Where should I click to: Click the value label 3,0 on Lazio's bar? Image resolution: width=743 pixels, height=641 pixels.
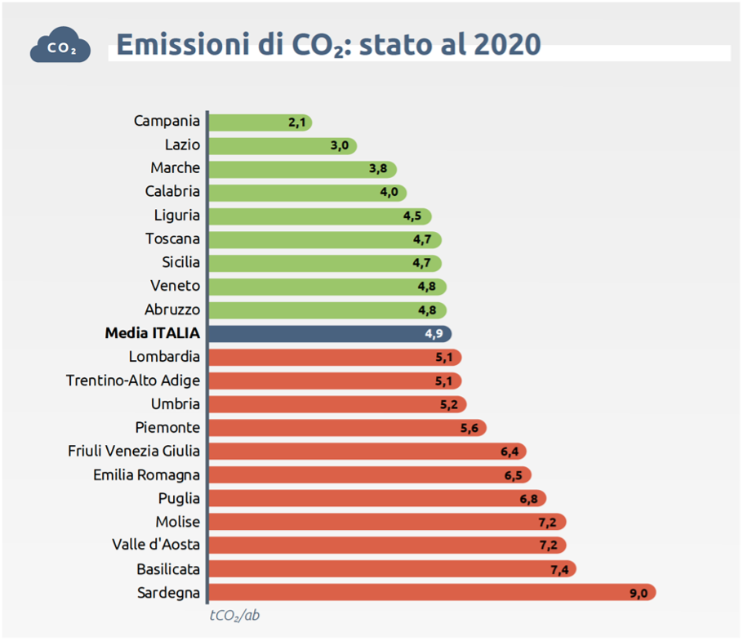tap(340, 146)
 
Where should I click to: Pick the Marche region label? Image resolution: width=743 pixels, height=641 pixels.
tap(175, 168)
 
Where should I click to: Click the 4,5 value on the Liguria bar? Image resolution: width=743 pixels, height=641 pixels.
tap(412, 216)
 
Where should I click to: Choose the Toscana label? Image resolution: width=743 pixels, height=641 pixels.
tap(172, 239)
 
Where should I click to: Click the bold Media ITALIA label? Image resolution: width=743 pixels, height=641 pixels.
tap(152, 333)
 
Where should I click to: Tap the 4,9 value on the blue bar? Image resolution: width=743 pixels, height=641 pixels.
tap(434, 334)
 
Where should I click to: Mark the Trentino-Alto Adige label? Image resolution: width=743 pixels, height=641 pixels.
tap(133, 381)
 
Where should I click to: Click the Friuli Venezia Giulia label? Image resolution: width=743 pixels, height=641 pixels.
tap(135, 451)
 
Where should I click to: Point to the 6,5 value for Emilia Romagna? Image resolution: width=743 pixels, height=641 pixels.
tap(514, 475)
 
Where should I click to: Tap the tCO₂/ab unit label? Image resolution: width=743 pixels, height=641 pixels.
tap(234, 615)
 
